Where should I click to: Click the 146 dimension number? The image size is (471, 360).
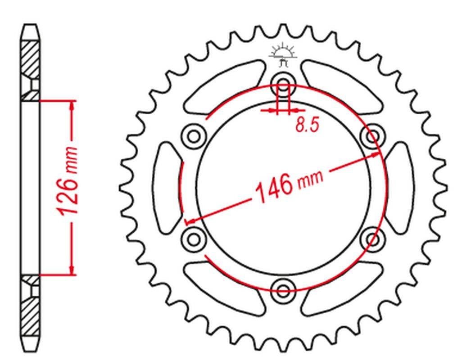[x=273, y=188]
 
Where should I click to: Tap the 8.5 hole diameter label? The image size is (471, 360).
[x=307, y=125]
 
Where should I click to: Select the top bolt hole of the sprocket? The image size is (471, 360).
[x=283, y=83]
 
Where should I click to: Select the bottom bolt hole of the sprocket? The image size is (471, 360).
[x=283, y=290]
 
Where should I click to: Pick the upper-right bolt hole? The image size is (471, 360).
[x=372, y=136]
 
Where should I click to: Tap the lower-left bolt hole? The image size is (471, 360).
[x=194, y=239]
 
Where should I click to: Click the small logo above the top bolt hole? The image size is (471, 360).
[x=283, y=55]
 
